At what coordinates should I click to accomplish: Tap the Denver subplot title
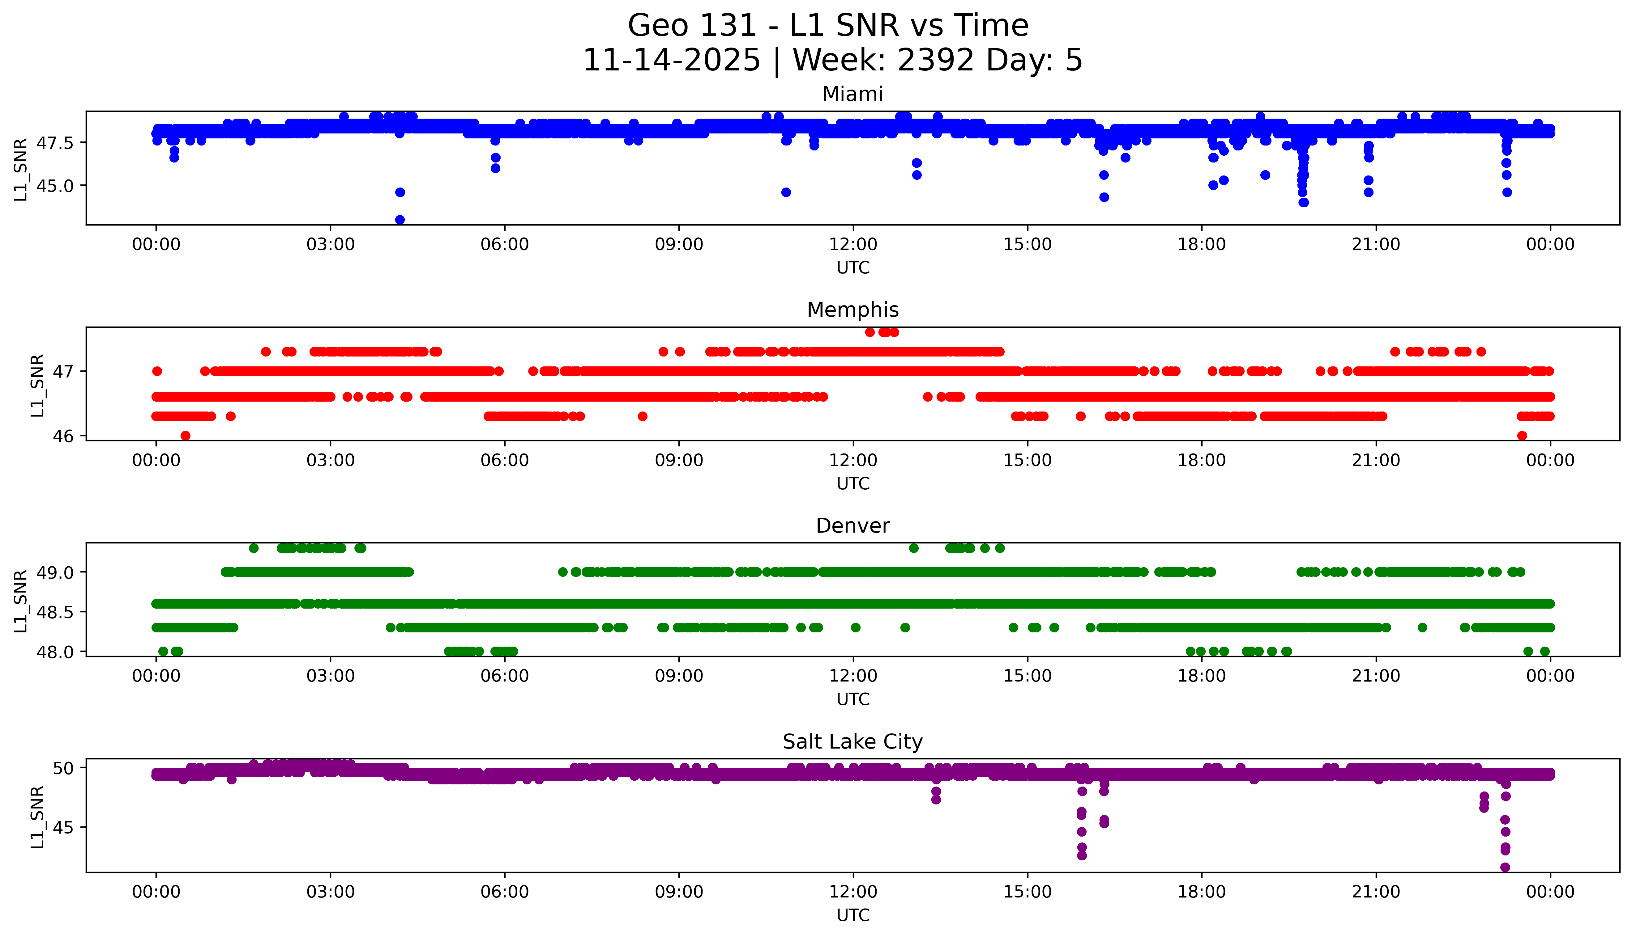click(x=852, y=526)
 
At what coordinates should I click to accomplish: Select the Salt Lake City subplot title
click(x=852, y=742)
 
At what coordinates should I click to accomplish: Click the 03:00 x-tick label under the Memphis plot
click(x=331, y=460)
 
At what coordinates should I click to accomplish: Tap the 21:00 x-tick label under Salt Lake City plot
click(x=1376, y=892)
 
